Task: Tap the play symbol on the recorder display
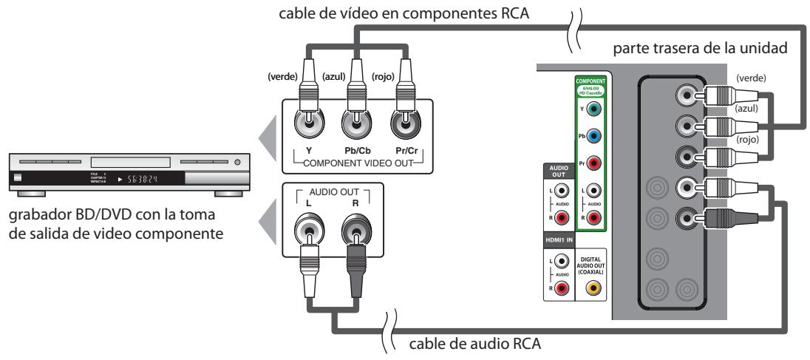[x=120, y=180]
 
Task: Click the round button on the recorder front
[x=237, y=160]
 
